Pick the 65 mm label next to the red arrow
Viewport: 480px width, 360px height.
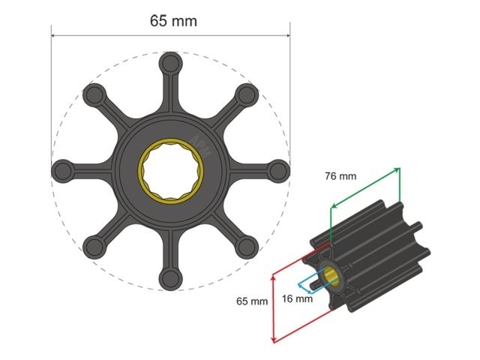252,301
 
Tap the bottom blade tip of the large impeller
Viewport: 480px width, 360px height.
171,280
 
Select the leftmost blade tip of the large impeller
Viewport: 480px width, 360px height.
61,170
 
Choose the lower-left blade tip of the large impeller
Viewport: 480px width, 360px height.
94,248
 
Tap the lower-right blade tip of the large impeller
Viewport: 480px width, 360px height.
248,248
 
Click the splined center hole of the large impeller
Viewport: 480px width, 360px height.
171,171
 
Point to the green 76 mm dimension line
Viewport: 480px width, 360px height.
365,188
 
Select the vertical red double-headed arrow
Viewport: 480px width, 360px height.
273,308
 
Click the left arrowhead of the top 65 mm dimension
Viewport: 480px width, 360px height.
53,34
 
